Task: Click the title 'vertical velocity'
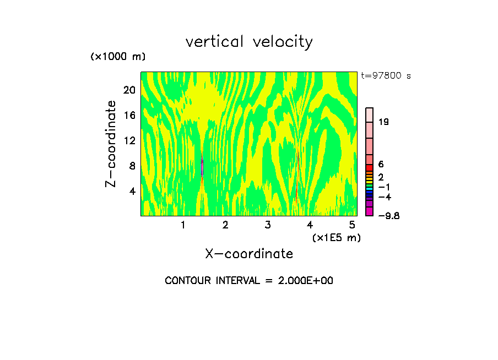click(x=249, y=42)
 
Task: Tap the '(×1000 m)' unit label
click(x=118, y=57)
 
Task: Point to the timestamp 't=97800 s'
click(x=386, y=76)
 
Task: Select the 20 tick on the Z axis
click(x=129, y=90)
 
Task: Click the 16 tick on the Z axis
click(x=129, y=116)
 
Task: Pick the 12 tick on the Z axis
click(x=129, y=141)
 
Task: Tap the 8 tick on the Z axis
click(x=132, y=166)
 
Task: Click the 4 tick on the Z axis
click(x=132, y=192)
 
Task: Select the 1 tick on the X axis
click(x=183, y=225)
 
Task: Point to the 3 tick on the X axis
click(x=268, y=225)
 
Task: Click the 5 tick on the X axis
click(x=352, y=225)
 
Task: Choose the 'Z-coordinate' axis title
click(x=111, y=144)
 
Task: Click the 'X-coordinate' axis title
click(x=249, y=254)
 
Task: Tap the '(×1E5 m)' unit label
click(x=336, y=238)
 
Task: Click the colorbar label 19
click(x=384, y=122)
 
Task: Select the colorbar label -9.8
click(x=389, y=216)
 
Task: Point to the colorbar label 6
click(x=381, y=165)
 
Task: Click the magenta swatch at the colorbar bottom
click(x=369, y=211)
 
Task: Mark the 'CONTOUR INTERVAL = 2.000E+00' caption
click(x=249, y=281)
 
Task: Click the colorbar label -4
click(x=385, y=197)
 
